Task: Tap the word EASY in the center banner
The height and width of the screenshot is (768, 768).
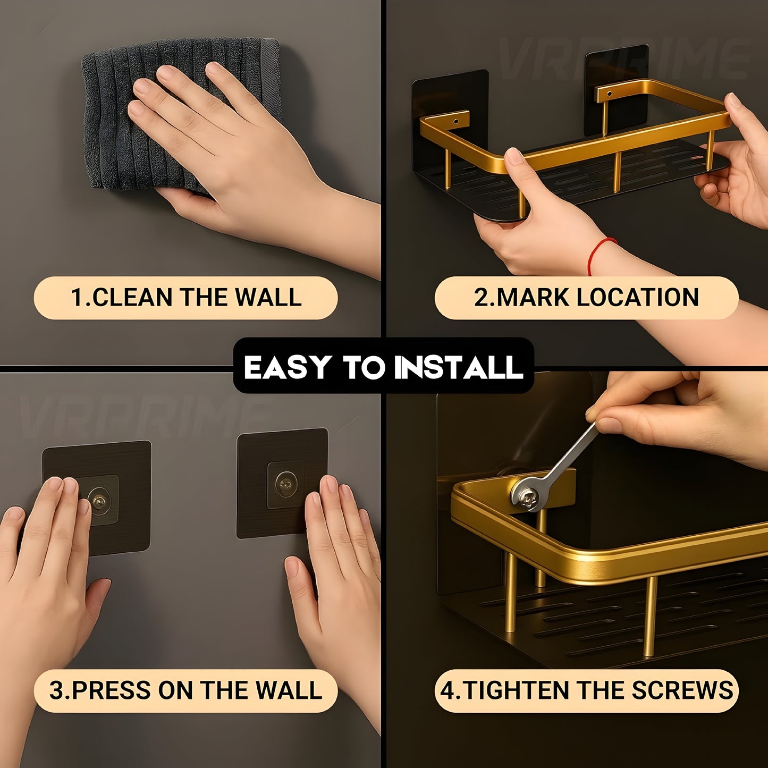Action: pyautogui.click(x=286, y=367)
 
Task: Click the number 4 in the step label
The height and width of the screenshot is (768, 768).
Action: pyautogui.click(x=448, y=691)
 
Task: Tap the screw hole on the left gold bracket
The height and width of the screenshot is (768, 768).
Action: pyautogui.click(x=456, y=121)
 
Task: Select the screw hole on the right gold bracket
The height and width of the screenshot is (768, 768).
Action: pyautogui.click(x=610, y=94)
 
